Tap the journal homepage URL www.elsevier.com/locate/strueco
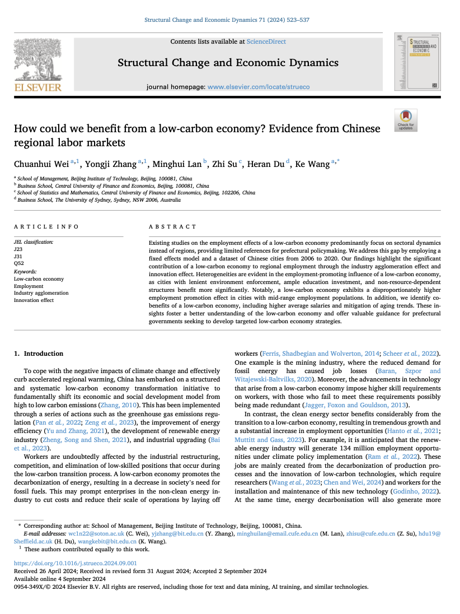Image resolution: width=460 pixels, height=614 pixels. [x=258, y=87]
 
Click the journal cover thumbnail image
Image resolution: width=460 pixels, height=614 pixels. [x=417, y=62]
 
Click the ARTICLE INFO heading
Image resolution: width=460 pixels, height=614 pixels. [x=46, y=227]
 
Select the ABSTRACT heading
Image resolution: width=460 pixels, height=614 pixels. [x=172, y=227]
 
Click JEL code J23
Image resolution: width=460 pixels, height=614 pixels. [x=18, y=249]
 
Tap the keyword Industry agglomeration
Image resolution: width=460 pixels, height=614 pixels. [x=41, y=293]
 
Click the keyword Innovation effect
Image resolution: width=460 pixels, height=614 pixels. [x=34, y=300]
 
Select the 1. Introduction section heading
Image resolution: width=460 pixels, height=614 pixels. [x=39, y=353]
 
